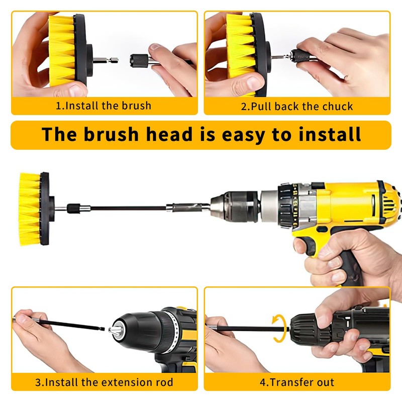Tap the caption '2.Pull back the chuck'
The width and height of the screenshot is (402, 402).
point(297,106)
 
